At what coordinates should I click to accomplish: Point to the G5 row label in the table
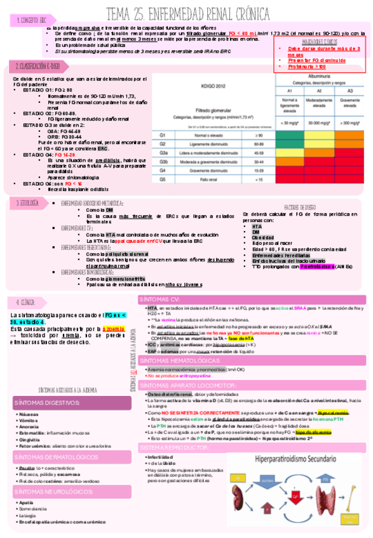click(x=163, y=180)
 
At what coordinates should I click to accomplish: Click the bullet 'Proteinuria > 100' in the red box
click(x=307, y=66)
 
